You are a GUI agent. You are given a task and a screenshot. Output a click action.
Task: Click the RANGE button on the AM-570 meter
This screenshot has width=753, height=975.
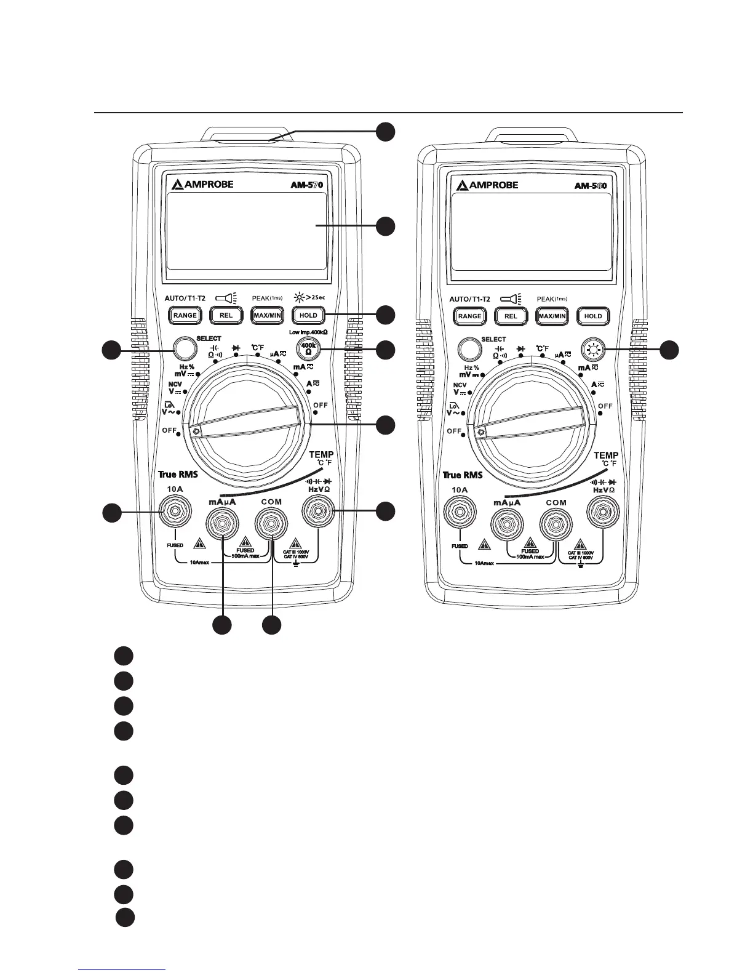pos(185,316)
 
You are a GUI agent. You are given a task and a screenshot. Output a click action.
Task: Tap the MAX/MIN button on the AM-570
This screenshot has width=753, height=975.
pos(267,316)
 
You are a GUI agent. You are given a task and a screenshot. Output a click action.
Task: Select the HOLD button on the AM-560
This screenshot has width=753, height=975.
pos(593,316)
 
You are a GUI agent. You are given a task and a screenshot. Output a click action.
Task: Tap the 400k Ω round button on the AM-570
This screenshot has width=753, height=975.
pos(308,349)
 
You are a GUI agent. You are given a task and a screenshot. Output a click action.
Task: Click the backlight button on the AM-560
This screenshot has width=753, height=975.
pos(593,350)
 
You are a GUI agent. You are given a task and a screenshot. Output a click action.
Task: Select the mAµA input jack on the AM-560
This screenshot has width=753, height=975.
pos(506,524)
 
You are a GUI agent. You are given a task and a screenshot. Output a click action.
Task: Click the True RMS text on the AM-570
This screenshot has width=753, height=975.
pos(178,475)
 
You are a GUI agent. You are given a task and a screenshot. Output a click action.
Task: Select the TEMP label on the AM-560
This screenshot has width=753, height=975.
pos(606,455)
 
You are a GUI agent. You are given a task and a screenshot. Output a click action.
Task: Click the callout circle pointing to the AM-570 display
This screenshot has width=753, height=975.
pos(386,226)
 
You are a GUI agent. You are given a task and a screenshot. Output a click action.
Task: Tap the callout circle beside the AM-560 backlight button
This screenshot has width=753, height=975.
pos(670,350)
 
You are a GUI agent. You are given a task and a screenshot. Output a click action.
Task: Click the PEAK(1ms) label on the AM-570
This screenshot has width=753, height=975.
pos(267,299)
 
